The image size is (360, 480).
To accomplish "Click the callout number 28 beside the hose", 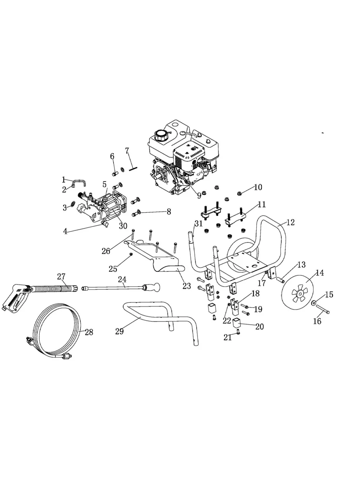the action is coord(89,332).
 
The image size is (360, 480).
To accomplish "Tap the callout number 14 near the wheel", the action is coord(320,273).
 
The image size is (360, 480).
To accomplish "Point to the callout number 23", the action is coord(187,286).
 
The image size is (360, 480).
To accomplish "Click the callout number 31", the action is coord(199,223).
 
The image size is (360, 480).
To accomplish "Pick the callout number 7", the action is coord(127,151).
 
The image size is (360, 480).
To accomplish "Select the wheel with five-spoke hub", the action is coord(298,292).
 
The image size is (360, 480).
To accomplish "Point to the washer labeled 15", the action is coord(314,303).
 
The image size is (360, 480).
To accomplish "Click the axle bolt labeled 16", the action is coord(323,309).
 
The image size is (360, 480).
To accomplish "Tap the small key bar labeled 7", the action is coord(133,169).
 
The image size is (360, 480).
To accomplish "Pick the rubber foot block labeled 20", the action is coord(236,323).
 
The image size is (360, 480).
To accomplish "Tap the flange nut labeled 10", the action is coord(239,194).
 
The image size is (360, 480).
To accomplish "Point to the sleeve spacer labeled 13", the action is coord(281,280).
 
